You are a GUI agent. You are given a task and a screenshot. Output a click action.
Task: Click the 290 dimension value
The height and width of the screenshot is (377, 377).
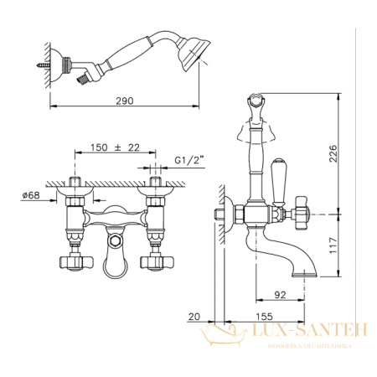(x=125, y=101)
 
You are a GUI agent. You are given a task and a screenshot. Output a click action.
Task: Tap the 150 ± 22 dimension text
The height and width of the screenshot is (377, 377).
(x=115, y=147)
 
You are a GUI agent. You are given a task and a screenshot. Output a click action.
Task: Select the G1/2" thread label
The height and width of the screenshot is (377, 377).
(x=188, y=160)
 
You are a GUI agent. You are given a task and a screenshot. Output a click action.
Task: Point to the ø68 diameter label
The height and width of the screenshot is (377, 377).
(x=31, y=195)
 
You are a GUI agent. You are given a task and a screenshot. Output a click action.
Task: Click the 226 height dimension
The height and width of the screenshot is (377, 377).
(x=333, y=153)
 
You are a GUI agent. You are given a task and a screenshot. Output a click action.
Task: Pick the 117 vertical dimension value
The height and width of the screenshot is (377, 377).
(x=333, y=245)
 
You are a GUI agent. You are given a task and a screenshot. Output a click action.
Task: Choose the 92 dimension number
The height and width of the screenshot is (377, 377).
(x=280, y=295)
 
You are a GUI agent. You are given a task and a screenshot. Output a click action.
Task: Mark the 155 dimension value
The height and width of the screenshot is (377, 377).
(x=264, y=317)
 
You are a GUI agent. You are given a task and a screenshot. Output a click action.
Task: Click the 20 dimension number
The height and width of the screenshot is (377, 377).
(x=194, y=317)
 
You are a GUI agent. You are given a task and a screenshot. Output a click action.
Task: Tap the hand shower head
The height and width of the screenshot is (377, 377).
(x=194, y=54)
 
